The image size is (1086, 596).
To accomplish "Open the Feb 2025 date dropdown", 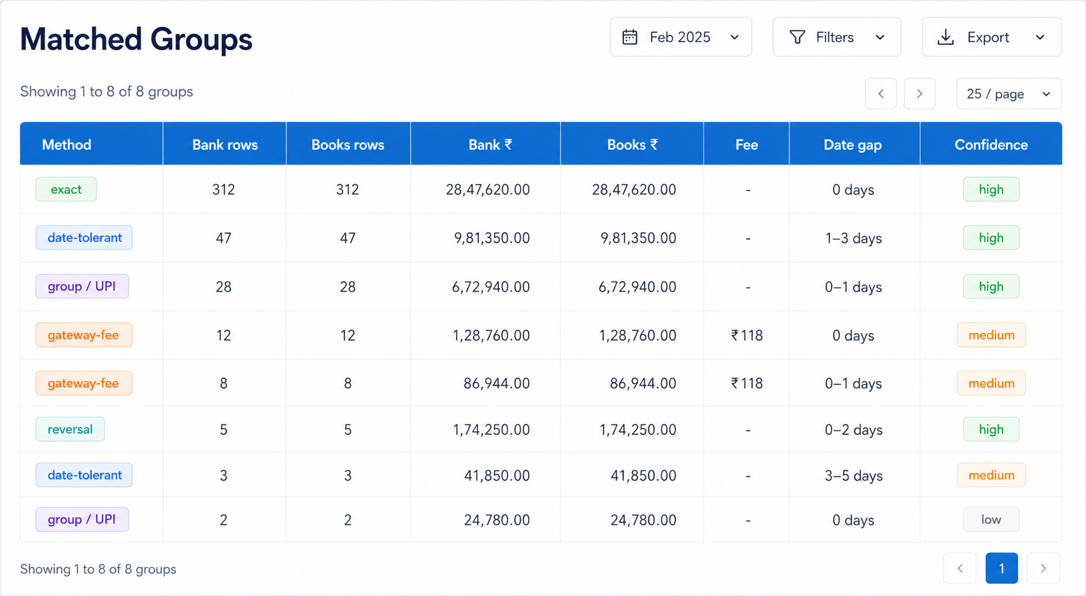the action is (x=681, y=37).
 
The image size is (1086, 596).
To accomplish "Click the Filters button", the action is (x=837, y=37).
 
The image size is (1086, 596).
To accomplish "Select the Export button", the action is (x=992, y=37).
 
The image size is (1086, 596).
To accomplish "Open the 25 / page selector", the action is (x=1009, y=94).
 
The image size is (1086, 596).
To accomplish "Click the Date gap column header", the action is (x=853, y=144).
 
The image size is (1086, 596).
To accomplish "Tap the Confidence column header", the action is (x=991, y=144).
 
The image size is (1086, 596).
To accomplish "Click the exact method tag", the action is (x=66, y=189).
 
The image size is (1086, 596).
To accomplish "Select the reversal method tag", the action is (x=70, y=429).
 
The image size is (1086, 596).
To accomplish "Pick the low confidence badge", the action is (x=991, y=520).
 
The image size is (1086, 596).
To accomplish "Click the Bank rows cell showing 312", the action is (x=223, y=189).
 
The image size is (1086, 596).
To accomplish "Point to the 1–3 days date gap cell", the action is (x=853, y=238).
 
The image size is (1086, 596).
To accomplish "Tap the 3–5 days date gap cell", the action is (x=853, y=476).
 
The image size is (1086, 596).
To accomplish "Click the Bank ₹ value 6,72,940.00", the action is (x=491, y=287).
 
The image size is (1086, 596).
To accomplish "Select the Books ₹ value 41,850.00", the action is (x=643, y=475).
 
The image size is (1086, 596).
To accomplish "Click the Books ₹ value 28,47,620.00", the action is (x=634, y=189).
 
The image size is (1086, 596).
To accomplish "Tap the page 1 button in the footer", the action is (x=1001, y=568).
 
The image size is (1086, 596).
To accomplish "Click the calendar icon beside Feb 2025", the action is (x=630, y=37).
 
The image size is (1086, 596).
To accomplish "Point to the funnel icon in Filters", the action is (x=797, y=37).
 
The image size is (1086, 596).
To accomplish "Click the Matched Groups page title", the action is (x=136, y=38).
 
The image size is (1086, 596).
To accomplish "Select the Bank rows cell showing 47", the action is (x=223, y=238).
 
